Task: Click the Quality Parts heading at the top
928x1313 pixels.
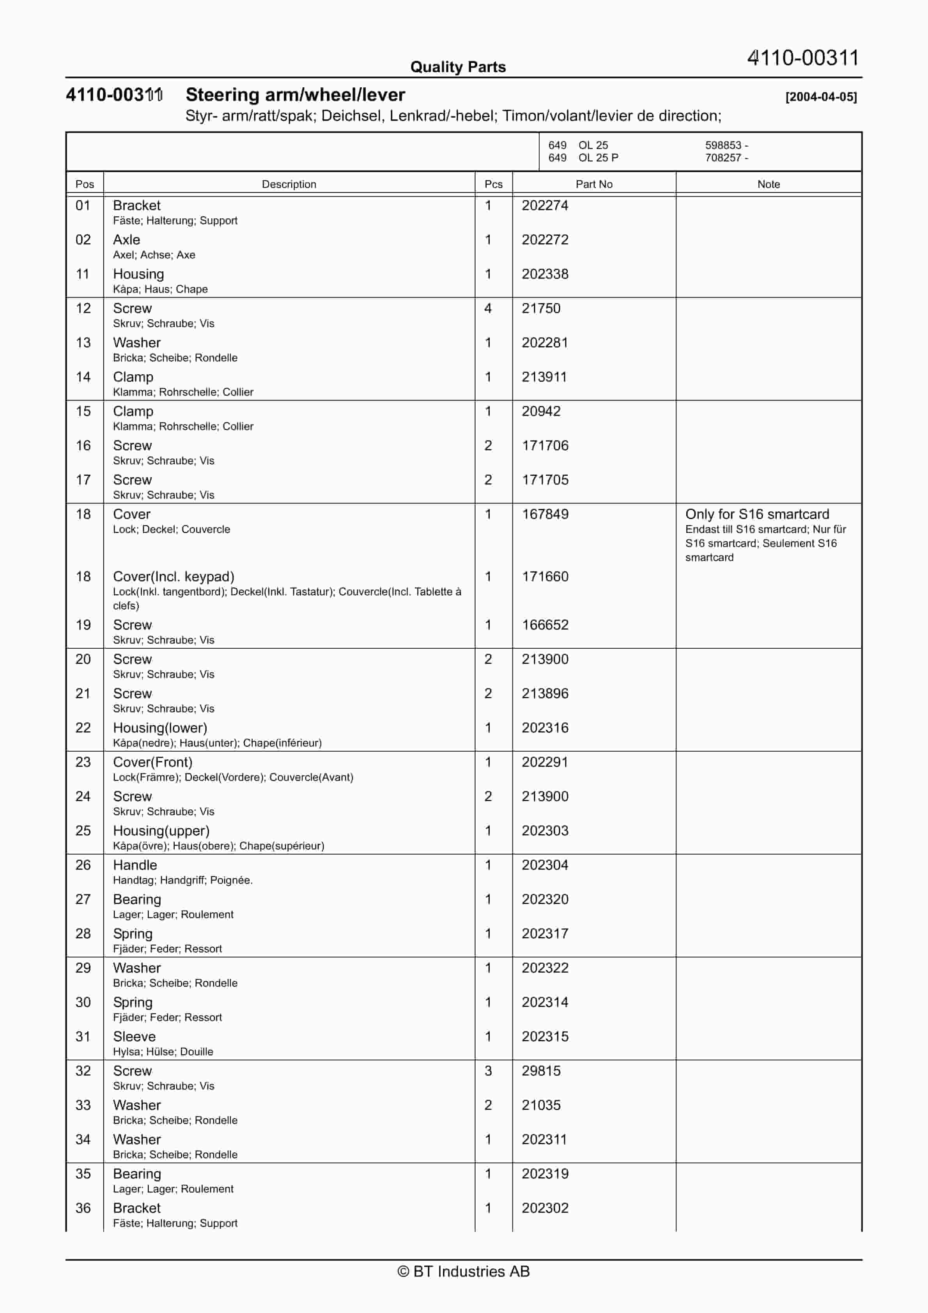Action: click(x=458, y=67)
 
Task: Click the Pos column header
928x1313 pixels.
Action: click(x=85, y=184)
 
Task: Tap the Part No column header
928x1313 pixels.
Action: click(x=594, y=184)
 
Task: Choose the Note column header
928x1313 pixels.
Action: click(x=769, y=184)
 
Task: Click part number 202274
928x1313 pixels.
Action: click(x=545, y=205)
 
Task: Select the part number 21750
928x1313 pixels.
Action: click(x=541, y=308)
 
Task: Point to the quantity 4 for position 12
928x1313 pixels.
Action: click(x=488, y=308)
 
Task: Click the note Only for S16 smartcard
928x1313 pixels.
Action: click(x=757, y=514)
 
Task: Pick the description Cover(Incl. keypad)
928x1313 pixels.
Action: click(x=174, y=577)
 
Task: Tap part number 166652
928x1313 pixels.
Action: click(x=545, y=625)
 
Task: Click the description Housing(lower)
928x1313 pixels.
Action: click(x=160, y=727)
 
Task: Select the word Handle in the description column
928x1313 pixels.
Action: click(x=135, y=865)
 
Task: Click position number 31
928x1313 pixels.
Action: click(x=83, y=1036)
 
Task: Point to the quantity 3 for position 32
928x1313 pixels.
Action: click(x=488, y=1071)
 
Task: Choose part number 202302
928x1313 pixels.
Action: click(x=545, y=1208)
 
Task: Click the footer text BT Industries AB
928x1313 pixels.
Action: click(x=464, y=1271)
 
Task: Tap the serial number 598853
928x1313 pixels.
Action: click(x=723, y=145)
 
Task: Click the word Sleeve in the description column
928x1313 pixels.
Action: click(x=135, y=1036)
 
